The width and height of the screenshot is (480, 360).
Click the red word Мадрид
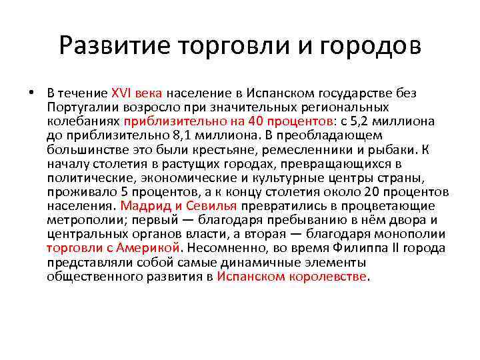point(141,206)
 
